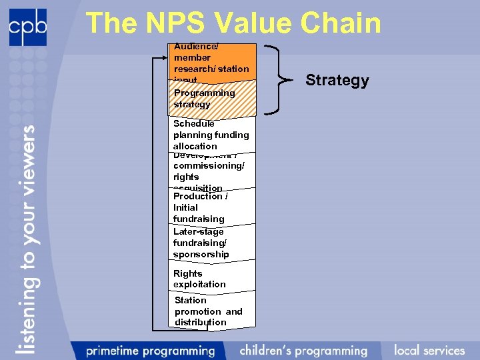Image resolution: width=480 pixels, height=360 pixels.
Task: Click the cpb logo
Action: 28,27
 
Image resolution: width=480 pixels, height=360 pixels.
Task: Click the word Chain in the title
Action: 340,23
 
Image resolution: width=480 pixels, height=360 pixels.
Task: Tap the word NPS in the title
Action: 175,23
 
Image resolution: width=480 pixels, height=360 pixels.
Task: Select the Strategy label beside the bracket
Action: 337,81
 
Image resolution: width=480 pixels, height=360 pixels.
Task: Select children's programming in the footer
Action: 303,350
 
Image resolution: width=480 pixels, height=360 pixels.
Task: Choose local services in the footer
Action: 429,350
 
